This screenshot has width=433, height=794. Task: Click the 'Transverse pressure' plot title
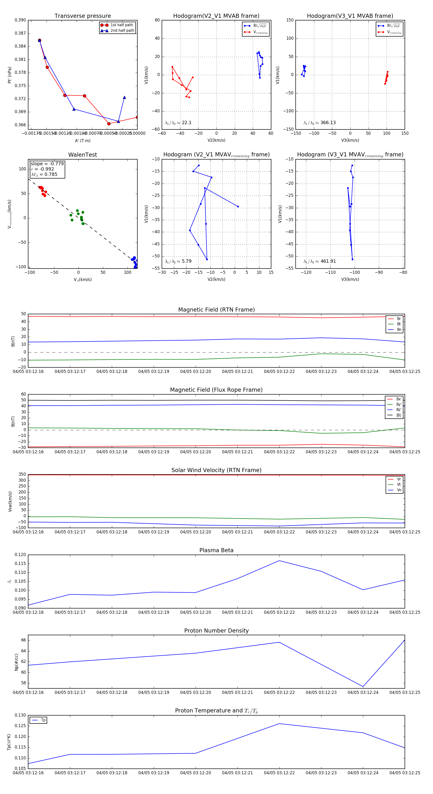(x=83, y=16)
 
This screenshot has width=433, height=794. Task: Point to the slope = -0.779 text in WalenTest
(x=47, y=164)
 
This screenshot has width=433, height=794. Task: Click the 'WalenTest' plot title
(x=83, y=155)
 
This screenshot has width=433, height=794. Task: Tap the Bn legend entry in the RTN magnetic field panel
(x=399, y=329)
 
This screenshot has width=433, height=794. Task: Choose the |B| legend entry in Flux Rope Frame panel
(x=399, y=415)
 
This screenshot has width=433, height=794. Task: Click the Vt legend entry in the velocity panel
(x=399, y=485)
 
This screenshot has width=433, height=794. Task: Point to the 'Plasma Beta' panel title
(x=216, y=551)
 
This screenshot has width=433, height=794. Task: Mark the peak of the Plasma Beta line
(x=279, y=561)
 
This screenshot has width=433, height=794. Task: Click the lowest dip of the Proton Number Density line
(x=363, y=687)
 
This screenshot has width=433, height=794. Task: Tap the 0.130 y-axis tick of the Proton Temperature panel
(x=20, y=715)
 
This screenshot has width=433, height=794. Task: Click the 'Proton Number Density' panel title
(x=216, y=631)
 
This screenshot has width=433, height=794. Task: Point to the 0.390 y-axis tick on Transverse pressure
(x=20, y=20)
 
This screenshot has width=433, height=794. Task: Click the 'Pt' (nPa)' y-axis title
(x=10, y=75)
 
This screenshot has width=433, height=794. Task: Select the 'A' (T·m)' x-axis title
(x=83, y=141)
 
